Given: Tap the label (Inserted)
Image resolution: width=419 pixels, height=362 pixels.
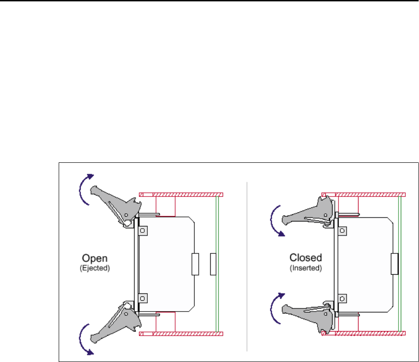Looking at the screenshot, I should click(x=306, y=268).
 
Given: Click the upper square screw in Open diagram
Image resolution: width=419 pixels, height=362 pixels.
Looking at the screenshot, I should click(x=142, y=231).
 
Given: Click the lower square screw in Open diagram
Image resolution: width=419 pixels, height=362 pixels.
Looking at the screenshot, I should click(x=142, y=298).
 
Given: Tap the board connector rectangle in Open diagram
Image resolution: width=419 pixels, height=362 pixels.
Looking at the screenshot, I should click(x=196, y=265).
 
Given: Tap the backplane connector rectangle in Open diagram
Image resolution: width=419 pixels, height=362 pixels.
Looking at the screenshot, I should click(x=213, y=265).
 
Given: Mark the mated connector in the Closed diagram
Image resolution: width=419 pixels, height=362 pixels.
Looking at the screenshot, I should click(x=394, y=265).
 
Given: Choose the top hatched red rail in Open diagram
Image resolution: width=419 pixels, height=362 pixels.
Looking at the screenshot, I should click(x=181, y=195).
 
